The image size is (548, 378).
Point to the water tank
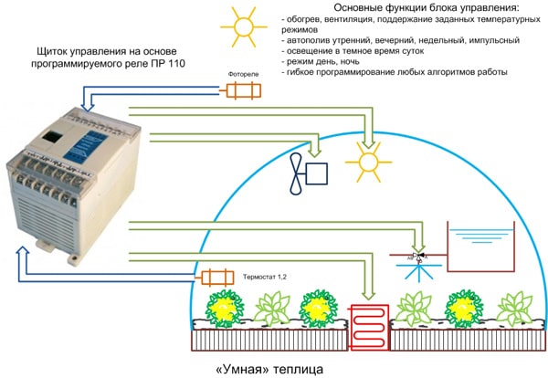[x=478, y=247]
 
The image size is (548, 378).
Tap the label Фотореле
[x=240, y=76]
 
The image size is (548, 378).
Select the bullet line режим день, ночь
[x=335, y=64]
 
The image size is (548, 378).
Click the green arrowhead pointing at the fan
[x=317, y=149]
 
